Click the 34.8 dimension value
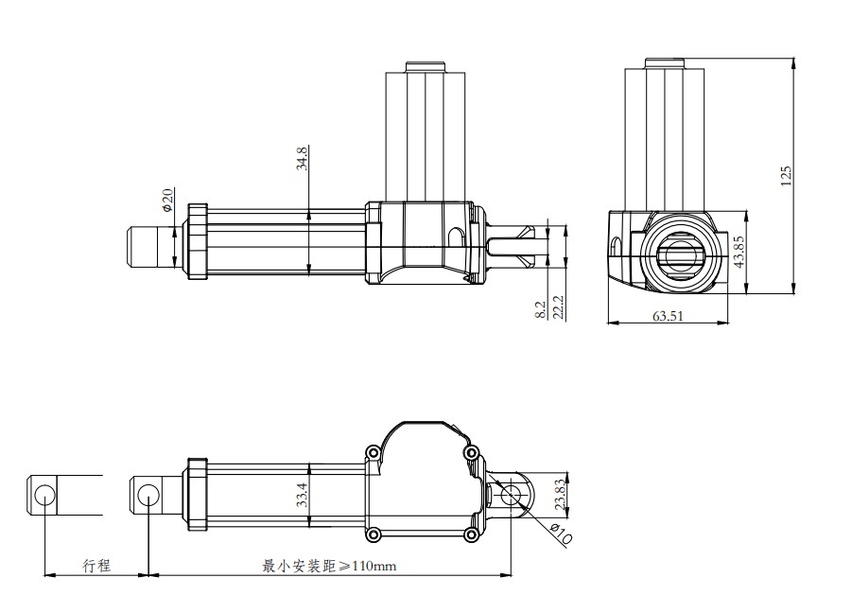pyautogui.click(x=302, y=158)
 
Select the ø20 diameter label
pyautogui.click(x=167, y=200)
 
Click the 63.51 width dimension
pyautogui.click(x=668, y=316)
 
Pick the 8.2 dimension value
pyautogui.click(x=540, y=309)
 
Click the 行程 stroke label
pyautogui.click(x=96, y=566)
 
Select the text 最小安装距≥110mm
pyautogui.click(x=330, y=566)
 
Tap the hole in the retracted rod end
pyautogui.click(x=148, y=495)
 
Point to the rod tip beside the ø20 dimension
pyautogui.click(x=144, y=245)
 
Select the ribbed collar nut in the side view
pyautogui.click(x=197, y=241)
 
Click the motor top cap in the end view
pyautogui.click(x=665, y=64)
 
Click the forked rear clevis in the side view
pyautogui.click(x=514, y=245)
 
